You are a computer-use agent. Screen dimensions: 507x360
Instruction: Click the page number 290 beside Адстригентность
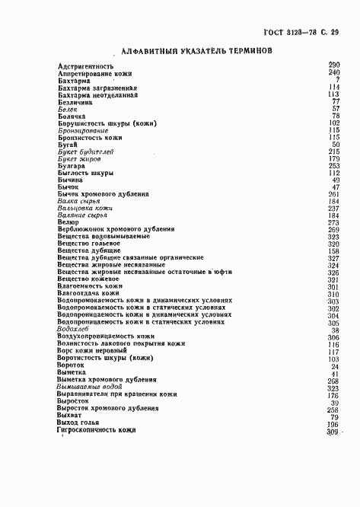[x=333, y=66]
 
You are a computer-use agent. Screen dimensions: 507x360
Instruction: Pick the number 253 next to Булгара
[x=333, y=166]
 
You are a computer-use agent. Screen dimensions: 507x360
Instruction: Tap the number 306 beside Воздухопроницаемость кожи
[x=333, y=330]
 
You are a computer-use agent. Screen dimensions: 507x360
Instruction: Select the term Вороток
[x=71, y=365]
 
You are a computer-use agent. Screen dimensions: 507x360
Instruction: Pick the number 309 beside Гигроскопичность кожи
[x=332, y=431]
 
